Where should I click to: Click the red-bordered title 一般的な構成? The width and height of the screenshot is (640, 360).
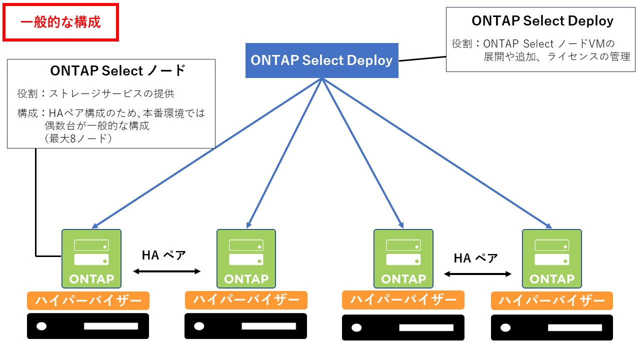coord(60,22)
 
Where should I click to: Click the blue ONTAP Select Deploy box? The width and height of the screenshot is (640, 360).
coord(321,60)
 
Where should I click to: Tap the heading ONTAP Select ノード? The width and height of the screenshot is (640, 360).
coord(118,70)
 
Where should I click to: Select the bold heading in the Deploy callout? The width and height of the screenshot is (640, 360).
coord(542,21)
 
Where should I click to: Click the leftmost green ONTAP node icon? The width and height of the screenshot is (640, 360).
coord(91,258)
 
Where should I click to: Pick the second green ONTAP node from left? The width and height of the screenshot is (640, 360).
coord(246,258)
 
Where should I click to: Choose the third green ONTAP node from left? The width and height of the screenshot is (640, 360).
coord(403,258)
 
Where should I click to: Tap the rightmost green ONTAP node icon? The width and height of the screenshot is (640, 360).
coord(552,258)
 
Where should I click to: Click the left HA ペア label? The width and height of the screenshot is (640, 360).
coord(164,255)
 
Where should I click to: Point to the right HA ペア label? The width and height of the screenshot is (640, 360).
coord(475,258)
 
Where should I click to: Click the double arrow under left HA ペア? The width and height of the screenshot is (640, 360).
coord(166,271)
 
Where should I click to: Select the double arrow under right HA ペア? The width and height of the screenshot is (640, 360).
coord(478,274)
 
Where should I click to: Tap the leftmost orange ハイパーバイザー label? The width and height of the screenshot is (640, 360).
coord(88,300)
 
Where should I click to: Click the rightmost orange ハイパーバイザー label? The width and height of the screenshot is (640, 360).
coord(552,300)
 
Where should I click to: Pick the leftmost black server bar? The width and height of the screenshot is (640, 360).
coord(88,326)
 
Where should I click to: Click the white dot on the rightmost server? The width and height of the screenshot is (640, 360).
coord(505,328)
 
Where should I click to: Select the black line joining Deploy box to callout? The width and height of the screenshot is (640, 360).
coord(422,59)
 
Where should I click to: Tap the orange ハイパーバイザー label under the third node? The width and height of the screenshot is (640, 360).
coord(403,300)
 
